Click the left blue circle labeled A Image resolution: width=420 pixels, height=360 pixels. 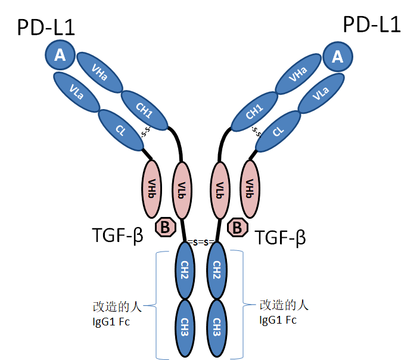60,55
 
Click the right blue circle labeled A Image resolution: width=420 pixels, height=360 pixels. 338,57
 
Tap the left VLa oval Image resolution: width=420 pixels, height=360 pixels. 77,92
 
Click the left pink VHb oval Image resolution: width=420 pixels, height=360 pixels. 153,188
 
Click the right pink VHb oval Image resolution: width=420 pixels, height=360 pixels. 250,188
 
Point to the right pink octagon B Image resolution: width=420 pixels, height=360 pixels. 238,226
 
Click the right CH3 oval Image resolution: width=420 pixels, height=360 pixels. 217,326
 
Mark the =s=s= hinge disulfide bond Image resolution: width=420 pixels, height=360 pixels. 201,241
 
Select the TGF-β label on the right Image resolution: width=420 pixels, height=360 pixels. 281,238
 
